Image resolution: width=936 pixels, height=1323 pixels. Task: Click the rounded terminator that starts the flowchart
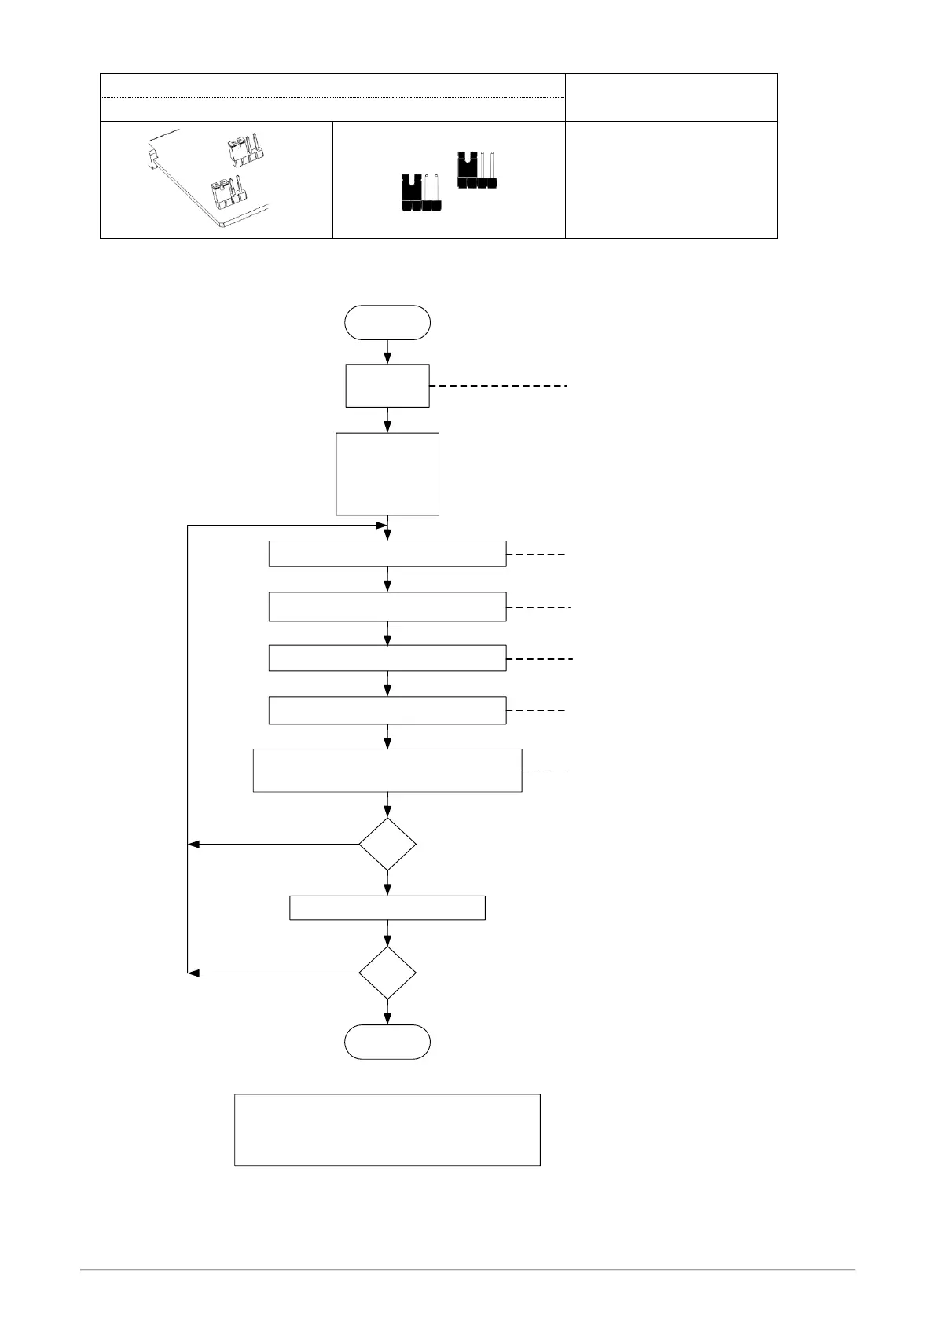pos(387,322)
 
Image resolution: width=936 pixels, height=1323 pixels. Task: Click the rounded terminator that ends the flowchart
pos(387,1042)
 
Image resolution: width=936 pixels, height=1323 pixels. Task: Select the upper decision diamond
pos(387,845)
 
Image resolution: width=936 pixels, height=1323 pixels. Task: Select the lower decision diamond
pos(387,973)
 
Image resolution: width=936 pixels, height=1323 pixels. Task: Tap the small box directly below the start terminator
pos(387,386)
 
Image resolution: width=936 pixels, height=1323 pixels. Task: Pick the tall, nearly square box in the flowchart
pos(387,474)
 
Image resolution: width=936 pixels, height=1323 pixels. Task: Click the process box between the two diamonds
pos(387,907)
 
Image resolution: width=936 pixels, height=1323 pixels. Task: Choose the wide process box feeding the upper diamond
pos(387,770)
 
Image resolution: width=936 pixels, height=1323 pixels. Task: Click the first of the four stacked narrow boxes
pos(387,554)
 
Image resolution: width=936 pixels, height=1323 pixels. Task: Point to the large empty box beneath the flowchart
pos(387,1129)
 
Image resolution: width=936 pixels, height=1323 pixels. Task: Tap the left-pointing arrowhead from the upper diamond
pos(194,845)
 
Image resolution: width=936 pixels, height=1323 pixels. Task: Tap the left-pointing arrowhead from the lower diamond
pos(194,973)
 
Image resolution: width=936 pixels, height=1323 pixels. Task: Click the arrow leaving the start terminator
pos(387,351)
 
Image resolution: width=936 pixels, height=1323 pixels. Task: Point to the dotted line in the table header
pos(332,98)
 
